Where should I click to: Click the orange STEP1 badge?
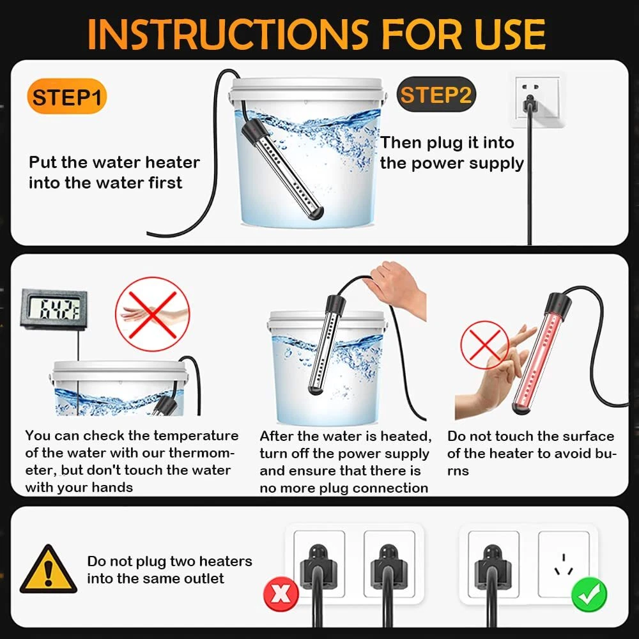coord(66,96)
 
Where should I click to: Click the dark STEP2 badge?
coord(436,95)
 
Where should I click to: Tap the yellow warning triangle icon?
coord(48,569)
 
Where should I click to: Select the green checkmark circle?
coord(589,594)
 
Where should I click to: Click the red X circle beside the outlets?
coord(281,594)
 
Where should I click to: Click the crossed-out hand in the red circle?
coord(153,314)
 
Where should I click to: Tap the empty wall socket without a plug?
coord(564,564)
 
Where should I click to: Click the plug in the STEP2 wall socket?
coord(529,104)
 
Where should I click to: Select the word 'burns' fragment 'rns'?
coord(458,471)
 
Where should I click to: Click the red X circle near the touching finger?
coord(484,345)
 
